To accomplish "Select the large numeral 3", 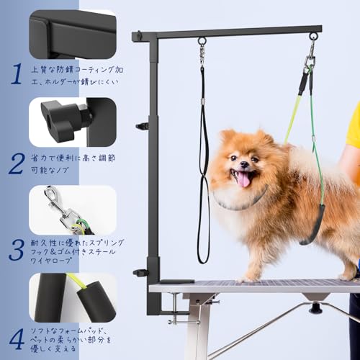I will [16, 249].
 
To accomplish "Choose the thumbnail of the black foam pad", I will [73, 297].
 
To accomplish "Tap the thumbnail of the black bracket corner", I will [73, 34].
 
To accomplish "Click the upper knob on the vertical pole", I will [143, 126].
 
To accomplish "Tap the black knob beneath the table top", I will [315, 308].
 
